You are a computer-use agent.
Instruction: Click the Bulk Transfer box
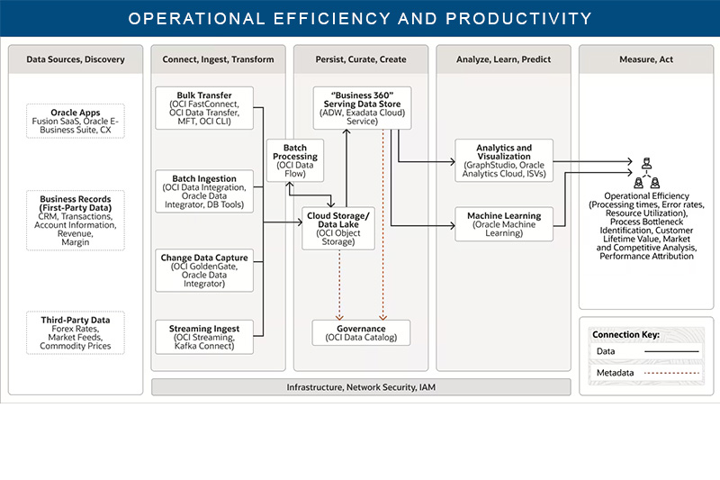pos(204,108)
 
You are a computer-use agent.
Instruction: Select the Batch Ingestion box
pos(204,191)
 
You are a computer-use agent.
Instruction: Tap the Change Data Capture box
pos(204,270)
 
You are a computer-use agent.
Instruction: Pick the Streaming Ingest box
pos(204,337)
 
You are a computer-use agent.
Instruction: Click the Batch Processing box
pos(295,160)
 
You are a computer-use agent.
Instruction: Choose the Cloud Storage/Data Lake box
pos(338,228)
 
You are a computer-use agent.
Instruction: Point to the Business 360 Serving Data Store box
pos(363,108)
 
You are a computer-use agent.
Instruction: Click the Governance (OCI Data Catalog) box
pos(362,332)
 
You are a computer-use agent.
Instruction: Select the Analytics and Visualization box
pos(504,160)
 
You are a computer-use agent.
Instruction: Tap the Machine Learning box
pos(504,224)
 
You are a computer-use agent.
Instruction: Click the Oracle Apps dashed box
pos(76,121)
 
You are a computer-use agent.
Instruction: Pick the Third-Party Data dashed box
pos(76,332)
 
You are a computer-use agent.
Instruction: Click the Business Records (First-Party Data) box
pos(76,221)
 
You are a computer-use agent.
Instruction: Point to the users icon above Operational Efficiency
pos(646,173)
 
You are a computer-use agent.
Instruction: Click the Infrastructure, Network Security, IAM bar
pos(362,387)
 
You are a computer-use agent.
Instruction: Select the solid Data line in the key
pos(671,351)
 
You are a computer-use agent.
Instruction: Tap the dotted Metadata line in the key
pos(671,373)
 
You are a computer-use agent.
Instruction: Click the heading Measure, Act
pos(646,59)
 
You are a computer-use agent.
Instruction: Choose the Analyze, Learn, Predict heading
pos(504,59)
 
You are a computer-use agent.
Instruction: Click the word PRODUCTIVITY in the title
pos(519,18)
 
